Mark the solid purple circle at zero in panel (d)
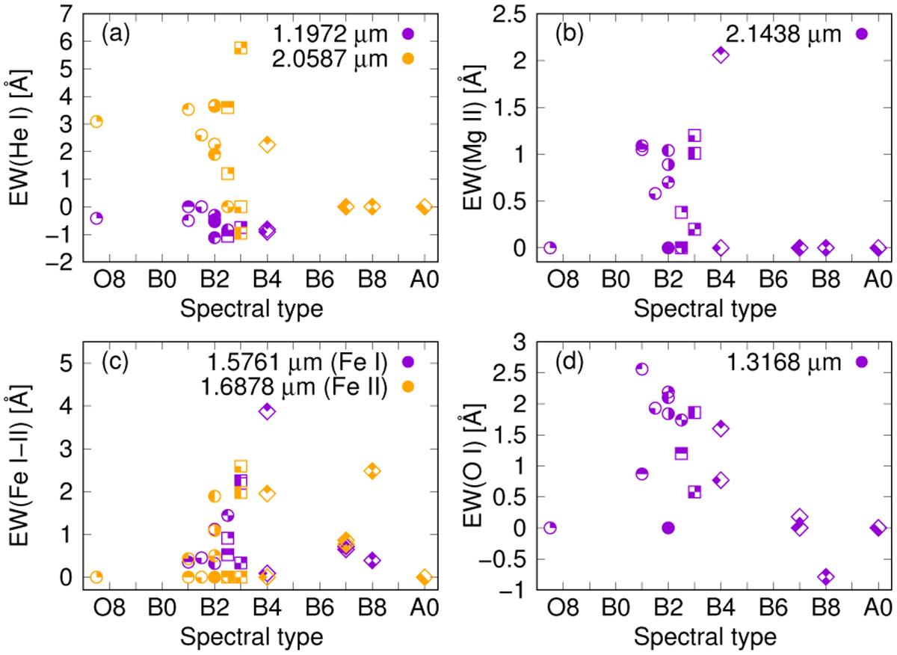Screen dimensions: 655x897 click(x=668, y=528)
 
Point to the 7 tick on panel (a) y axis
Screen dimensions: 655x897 click(x=63, y=12)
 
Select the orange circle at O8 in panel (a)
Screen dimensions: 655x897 click(x=96, y=121)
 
